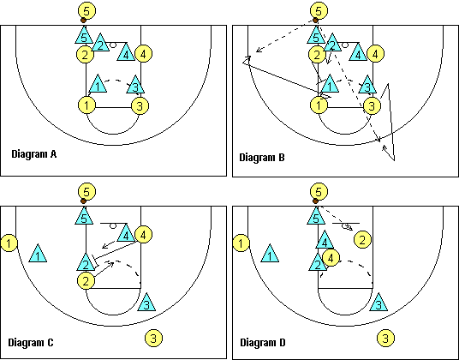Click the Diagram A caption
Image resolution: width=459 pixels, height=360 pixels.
[x=34, y=153]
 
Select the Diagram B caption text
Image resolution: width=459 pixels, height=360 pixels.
[x=262, y=158]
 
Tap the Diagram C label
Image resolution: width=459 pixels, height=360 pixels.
[x=31, y=342]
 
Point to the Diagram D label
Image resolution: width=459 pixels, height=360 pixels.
[x=263, y=342]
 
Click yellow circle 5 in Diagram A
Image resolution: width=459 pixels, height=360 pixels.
[x=86, y=10]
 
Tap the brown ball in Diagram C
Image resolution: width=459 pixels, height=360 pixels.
[x=83, y=201]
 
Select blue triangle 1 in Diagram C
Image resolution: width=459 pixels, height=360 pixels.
[x=38, y=254]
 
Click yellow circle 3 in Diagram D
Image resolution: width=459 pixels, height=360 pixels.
[x=385, y=338]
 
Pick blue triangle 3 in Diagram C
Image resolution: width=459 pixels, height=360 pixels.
[x=146, y=302]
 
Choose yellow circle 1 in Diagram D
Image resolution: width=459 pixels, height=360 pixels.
[x=241, y=243]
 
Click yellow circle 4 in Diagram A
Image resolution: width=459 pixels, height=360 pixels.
[x=143, y=54]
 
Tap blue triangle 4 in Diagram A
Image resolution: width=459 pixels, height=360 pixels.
[x=126, y=52]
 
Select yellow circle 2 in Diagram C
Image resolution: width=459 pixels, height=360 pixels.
[x=86, y=281]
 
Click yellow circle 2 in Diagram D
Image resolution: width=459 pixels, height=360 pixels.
[x=363, y=240]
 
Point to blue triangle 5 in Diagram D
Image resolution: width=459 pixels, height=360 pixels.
[x=316, y=216]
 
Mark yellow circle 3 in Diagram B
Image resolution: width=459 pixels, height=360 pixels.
[x=372, y=105]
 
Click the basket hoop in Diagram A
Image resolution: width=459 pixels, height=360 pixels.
[x=113, y=45]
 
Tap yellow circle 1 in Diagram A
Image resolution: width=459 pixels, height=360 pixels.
[x=87, y=105]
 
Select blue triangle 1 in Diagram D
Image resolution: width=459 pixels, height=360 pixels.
[x=270, y=254]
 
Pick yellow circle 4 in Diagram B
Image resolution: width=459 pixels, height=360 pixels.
[x=375, y=54]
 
